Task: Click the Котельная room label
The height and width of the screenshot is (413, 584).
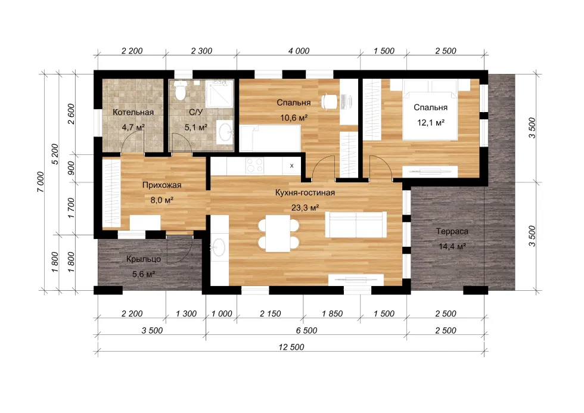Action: click(133, 112)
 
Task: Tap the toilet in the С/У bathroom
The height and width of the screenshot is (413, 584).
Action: click(181, 91)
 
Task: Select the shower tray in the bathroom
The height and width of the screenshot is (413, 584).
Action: click(220, 94)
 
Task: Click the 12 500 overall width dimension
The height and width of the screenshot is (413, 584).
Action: click(291, 347)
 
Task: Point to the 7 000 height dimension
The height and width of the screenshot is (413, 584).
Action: click(41, 182)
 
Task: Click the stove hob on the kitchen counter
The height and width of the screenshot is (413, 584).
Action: click(255, 165)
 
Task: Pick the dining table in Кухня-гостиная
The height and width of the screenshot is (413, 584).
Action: click(278, 234)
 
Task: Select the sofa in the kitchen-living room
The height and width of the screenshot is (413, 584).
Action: click(356, 224)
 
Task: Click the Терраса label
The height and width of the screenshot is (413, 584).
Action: click(452, 231)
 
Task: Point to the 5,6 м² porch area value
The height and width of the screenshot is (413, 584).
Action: click(144, 275)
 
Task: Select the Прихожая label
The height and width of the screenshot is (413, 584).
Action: click(161, 185)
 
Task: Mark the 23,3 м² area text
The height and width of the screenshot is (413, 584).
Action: click(305, 208)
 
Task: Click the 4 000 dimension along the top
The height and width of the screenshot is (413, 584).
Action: click(299, 51)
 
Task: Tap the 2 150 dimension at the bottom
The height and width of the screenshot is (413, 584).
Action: click(271, 313)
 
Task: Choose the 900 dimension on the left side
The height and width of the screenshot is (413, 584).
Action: click(71, 168)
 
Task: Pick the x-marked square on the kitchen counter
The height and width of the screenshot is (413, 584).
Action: click(291, 165)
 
